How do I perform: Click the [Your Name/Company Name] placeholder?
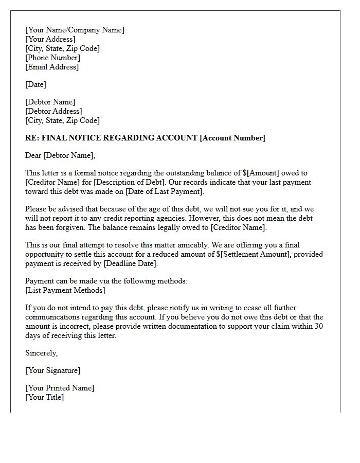pyautogui.click(x=75, y=30)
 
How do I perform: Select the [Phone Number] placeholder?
pyautogui.click(x=52, y=58)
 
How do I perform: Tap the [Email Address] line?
pyautogui.click(x=52, y=67)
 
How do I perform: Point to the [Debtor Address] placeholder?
pyautogui.click(x=53, y=111)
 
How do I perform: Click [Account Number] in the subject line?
pyautogui.click(x=232, y=138)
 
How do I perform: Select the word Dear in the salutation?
pyautogui.click(x=33, y=155)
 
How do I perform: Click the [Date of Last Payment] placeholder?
pyautogui.click(x=161, y=191)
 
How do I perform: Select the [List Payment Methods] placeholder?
pyautogui.click(x=65, y=290)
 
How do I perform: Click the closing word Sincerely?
pyautogui.click(x=41, y=353)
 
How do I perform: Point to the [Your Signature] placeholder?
pyautogui.click(x=52, y=370)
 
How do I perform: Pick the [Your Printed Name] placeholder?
pyautogui.click(x=60, y=388)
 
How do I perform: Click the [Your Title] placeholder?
pyautogui.click(x=44, y=397)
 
